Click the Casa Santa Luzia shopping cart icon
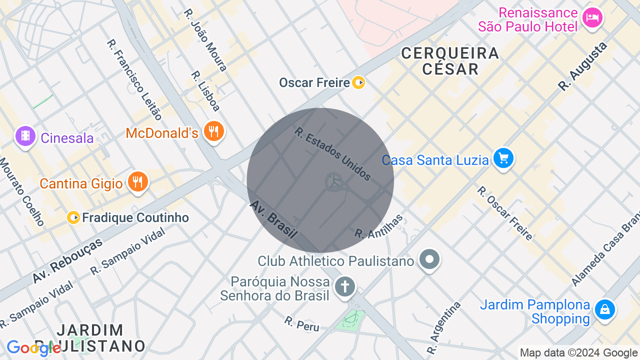pos(503,159)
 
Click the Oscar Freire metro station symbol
pos(358,82)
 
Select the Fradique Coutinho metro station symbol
pos(73,217)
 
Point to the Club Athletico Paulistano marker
pos(429,260)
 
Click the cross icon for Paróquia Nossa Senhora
pos(344,287)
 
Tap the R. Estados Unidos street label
pos(332,153)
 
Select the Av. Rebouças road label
pos(67,260)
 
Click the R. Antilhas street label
pos(378,226)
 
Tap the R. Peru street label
pos(301,323)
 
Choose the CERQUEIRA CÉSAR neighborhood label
pos(450,60)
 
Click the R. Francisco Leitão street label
pos(134,79)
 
